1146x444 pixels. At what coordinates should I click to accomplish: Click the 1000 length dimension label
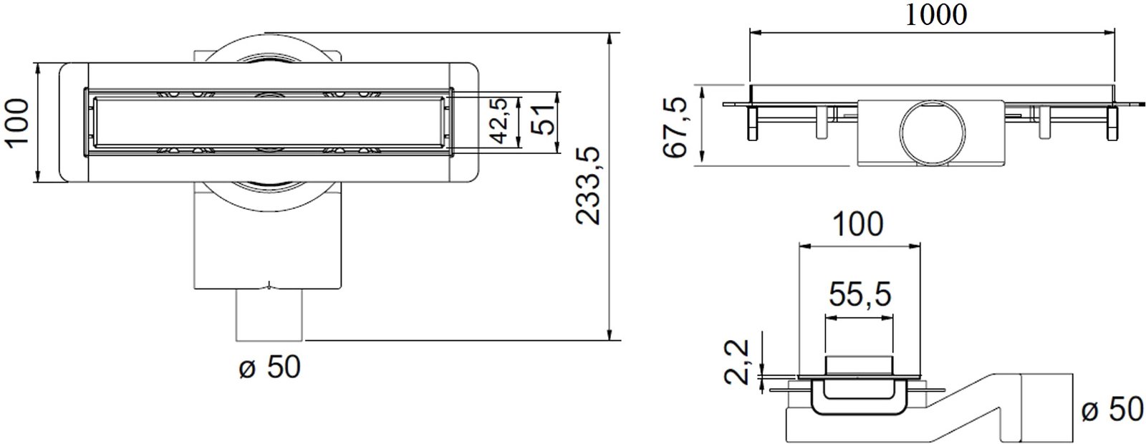pyautogui.click(x=936, y=14)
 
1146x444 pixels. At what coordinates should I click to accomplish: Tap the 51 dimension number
pyautogui.click(x=541, y=121)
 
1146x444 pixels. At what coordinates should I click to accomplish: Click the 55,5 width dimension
pyautogui.click(x=860, y=294)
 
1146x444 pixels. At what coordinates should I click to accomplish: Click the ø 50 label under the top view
pyautogui.click(x=269, y=367)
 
